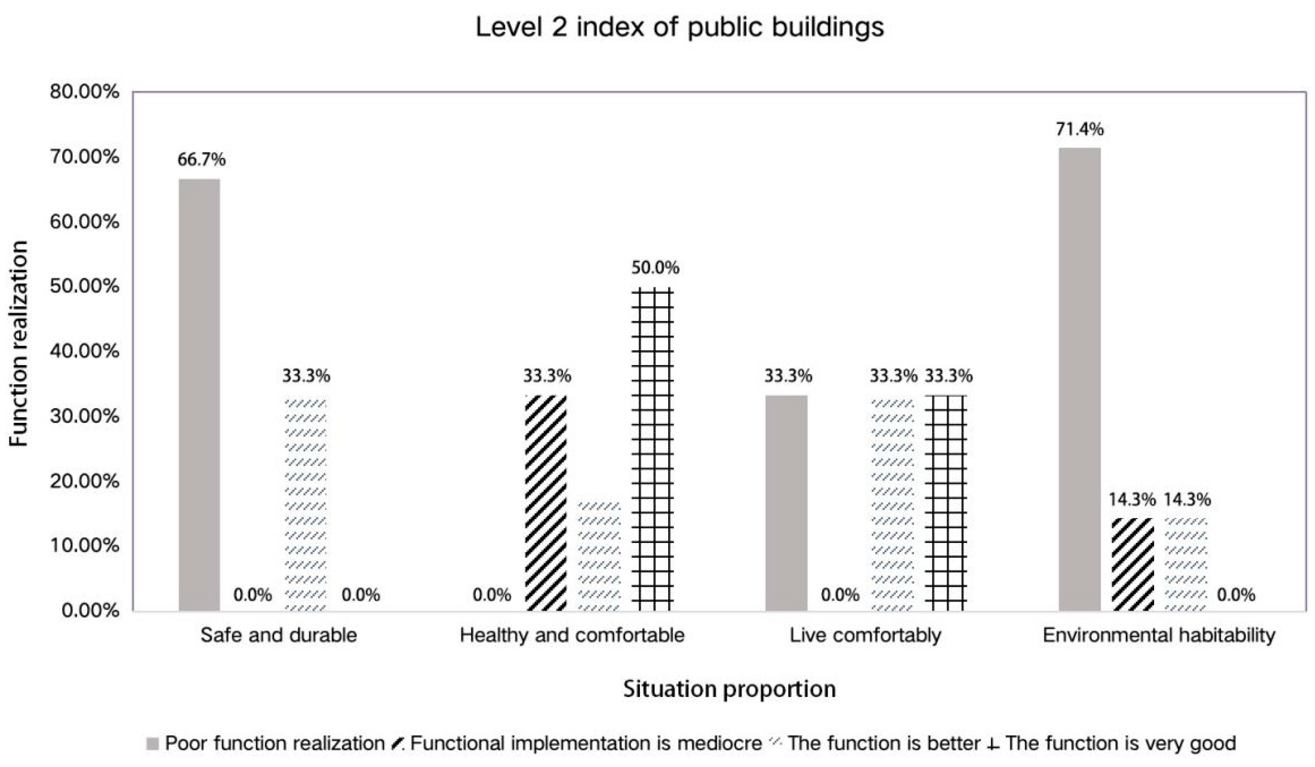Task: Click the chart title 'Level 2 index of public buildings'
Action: pos(679,27)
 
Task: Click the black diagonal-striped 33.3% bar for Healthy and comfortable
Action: pos(546,503)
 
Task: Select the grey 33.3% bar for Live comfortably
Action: pos(786,503)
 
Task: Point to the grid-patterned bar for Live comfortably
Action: pos(946,503)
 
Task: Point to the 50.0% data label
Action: pos(656,268)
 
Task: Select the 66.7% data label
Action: pos(201,160)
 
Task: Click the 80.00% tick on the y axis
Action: pos(84,92)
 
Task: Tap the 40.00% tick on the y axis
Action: pos(84,351)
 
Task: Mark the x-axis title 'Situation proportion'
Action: pos(730,689)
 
